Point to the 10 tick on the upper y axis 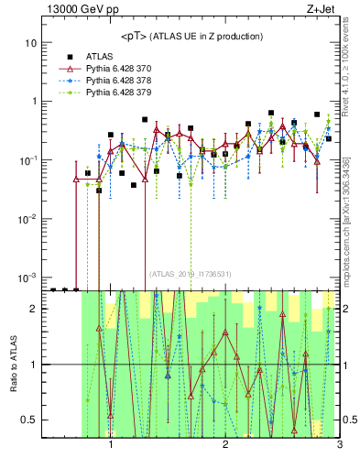point(31,43)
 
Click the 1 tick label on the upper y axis point(34,102)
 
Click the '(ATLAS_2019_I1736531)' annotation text point(191,273)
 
